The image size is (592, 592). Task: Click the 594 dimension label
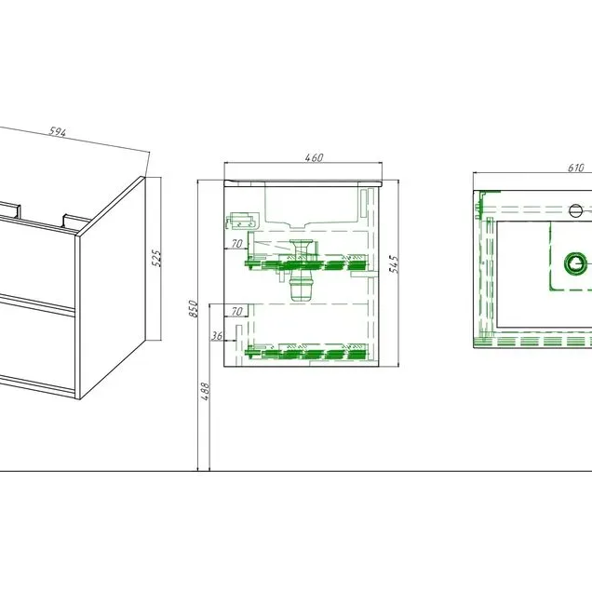58,132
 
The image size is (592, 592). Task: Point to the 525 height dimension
156,258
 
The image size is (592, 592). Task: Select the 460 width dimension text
314,157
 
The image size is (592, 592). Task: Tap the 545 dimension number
394,264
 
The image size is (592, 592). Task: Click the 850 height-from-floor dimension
194,309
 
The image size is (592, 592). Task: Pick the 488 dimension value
205,392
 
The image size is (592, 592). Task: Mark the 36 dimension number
217,335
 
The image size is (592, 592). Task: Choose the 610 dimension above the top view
576,168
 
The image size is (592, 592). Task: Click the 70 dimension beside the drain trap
236,244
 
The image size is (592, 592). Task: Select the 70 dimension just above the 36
236,311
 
